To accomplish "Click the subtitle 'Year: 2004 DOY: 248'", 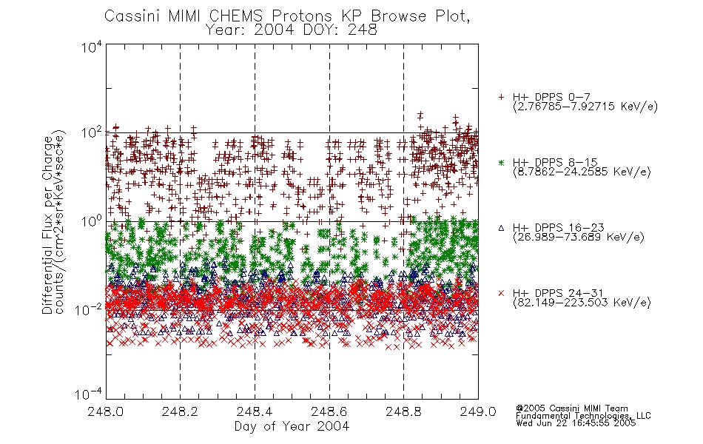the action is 291,30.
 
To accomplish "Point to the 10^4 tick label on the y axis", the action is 92,47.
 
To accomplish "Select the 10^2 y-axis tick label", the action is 92,133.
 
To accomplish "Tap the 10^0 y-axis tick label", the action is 92,221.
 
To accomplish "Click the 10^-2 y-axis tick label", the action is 89,310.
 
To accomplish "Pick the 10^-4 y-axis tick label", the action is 89,394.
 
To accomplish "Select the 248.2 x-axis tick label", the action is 180,411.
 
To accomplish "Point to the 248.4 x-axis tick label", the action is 255,411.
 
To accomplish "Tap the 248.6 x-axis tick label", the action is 329,411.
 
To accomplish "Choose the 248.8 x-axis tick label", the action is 403,411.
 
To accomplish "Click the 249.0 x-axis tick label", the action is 478,411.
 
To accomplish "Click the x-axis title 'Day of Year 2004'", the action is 292,426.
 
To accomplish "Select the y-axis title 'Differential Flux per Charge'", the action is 47,225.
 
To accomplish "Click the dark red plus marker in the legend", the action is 501,97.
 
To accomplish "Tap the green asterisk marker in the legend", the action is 501,163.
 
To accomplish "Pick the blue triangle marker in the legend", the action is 501,228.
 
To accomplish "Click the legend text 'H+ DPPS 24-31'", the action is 558,293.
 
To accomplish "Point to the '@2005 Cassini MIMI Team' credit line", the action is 572,408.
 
